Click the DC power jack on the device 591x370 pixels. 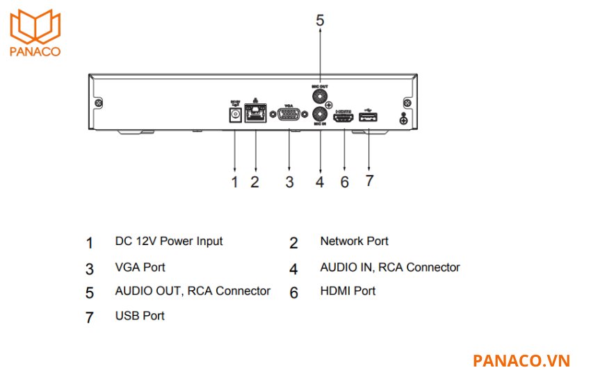tap(234, 113)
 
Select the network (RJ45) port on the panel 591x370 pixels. tap(257, 113)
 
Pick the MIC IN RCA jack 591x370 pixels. tap(320, 115)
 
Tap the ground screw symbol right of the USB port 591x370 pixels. tap(403, 119)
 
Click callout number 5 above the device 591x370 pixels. tap(320, 21)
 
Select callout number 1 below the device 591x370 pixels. tap(234, 183)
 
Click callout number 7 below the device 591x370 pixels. tap(369, 180)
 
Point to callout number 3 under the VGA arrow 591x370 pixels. tap(289, 183)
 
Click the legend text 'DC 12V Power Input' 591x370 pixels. tap(169, 242)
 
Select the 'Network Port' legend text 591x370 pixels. tap(354, 242)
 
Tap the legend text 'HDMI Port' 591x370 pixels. tap(348, 291)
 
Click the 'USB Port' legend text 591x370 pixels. tap(140, 316)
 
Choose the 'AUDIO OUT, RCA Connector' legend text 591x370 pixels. tap(193, 291)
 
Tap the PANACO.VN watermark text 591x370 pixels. tap(521, 360)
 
